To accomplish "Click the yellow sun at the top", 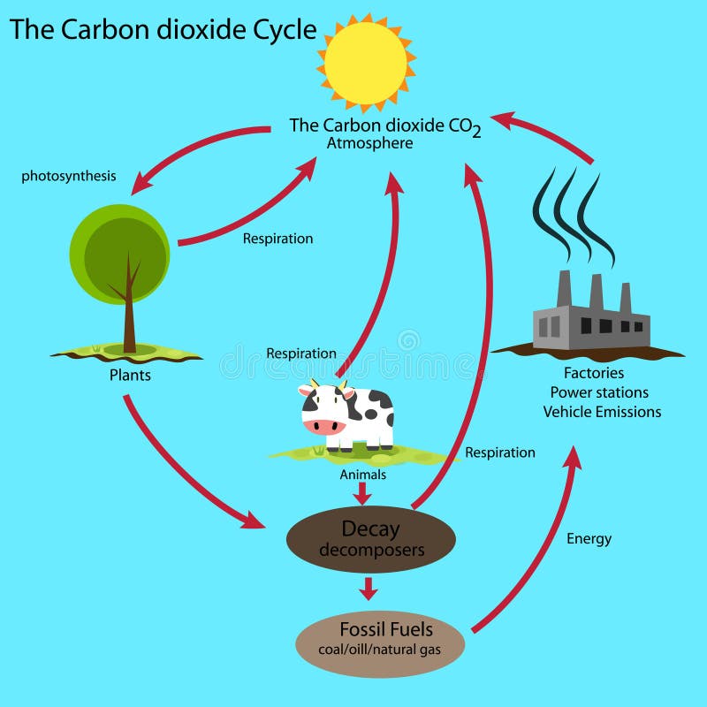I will (365, 61).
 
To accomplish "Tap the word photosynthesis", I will (69, 176).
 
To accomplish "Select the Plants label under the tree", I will (130, 376).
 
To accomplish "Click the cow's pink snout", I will (323, 426).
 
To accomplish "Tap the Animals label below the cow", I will (363, 475).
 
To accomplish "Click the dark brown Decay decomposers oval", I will (371, 539).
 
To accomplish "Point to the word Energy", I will (589, 538).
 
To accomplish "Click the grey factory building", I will (591, 323).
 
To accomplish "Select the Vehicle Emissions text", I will (602, 412).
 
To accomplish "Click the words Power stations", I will (599, 392).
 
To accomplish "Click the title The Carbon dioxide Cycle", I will (163, 30).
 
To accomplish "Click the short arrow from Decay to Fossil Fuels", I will (369, 588).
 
